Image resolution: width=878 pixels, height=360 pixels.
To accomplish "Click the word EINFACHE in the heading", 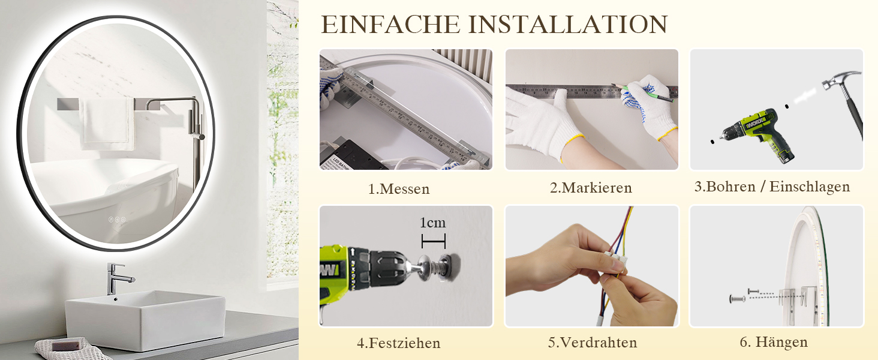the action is (390, 25).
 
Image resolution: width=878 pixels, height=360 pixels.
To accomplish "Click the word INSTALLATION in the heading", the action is (568, 25).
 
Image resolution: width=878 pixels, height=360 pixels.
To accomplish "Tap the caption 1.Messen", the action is (399, 189).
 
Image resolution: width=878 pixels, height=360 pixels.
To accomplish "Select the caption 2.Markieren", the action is (591, 188).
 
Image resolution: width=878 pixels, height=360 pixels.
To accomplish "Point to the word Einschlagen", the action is (810, 187).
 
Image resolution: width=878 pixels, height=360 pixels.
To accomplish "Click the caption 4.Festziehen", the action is (399, 343).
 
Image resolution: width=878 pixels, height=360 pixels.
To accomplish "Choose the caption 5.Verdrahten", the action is (593, 343).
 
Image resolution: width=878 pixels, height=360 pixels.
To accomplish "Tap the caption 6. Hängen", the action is (774, 342).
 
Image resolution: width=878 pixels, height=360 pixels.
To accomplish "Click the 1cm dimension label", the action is (433, 223).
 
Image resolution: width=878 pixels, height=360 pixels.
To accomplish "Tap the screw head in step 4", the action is (425, 268).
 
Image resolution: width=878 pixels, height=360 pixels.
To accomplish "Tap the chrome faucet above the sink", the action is (117, 278).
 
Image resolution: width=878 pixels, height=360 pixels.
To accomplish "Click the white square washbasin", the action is (145, 320).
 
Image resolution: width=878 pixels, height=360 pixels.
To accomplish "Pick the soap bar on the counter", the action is (67, 345).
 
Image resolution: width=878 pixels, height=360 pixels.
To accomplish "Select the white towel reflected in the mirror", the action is (107, 124).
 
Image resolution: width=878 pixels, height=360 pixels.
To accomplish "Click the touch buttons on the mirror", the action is (117, 220).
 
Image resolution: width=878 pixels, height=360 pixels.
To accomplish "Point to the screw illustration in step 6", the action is (737, 299).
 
